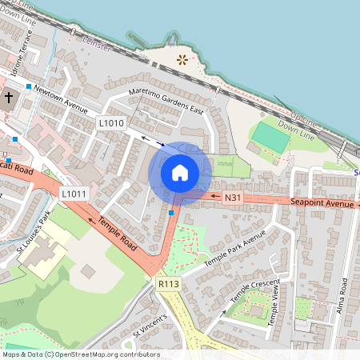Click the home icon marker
(x=180, y=173)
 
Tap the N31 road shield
(x=233, y=198)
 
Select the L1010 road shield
(x=111, y=123)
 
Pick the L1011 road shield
(x=74, y=194)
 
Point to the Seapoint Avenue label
(x=322, y=204)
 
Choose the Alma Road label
(x=343, y=295)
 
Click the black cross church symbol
(x=9, y=98)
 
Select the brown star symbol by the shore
(x=183, y=58)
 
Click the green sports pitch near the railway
(x=271, y=139)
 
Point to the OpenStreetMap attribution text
(x=80, y=354)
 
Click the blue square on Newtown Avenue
(x=29, y=86)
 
